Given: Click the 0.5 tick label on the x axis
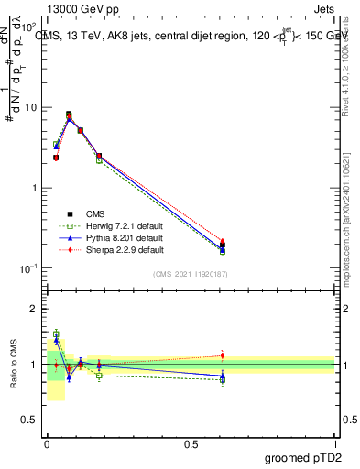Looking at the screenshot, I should tap(191, 442).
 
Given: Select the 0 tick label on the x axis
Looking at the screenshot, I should tap(47, 442).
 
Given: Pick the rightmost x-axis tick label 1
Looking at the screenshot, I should tap(334, 442).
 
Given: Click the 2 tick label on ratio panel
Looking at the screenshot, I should tap(35, 309).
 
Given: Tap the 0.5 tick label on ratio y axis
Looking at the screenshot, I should tap(30, 420).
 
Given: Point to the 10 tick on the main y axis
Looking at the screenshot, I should tap(31, 107).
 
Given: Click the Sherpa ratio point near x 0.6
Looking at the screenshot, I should tap(222, 355).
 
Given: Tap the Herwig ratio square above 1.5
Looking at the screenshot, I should tap(56, 333).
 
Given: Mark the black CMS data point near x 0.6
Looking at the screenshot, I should tap(222, 245).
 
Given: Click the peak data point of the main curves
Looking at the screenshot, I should tap(69, 115).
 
